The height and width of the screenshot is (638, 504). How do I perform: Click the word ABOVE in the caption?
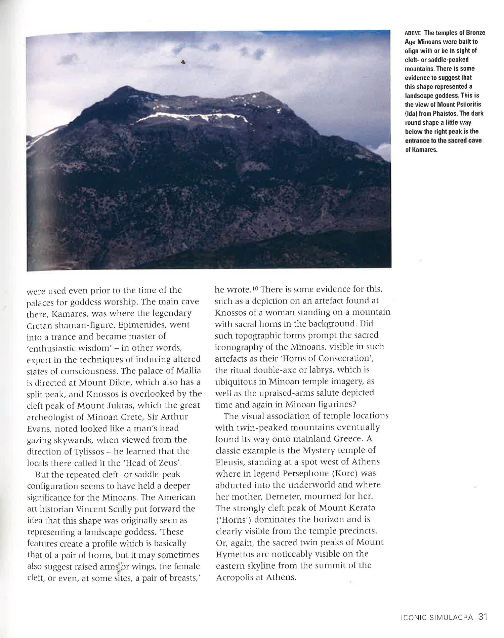(x=413, y=33)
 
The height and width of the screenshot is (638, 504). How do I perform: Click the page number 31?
(x=483, y=617)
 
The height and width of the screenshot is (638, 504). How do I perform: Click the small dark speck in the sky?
(x=183, y=62)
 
